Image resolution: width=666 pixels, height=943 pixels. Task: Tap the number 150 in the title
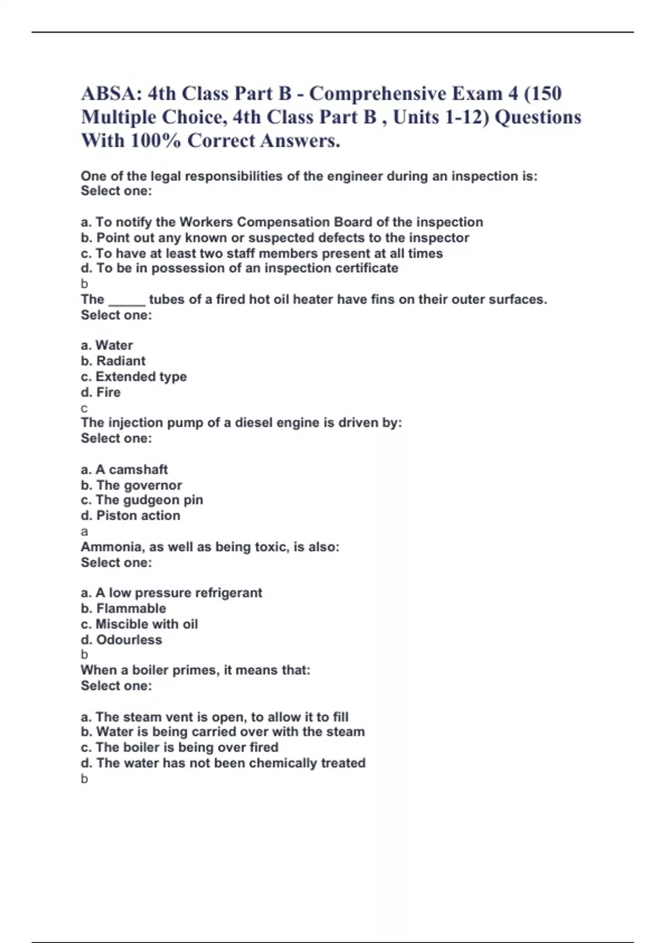point(546,93)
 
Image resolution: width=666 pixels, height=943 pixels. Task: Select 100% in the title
point(155,140)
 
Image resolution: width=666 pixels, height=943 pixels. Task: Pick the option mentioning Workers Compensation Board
point(282,222)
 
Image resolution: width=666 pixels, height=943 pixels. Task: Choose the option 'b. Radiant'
point(113,361)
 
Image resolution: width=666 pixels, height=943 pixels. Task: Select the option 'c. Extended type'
point(134,377)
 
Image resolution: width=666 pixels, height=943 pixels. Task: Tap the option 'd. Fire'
point(100,392)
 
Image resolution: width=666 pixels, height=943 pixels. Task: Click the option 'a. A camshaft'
point(124,469)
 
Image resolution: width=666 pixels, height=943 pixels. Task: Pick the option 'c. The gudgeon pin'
point(142,500)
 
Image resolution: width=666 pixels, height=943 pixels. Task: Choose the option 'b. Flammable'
point(123,609)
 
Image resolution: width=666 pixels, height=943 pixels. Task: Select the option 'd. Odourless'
point(122,640)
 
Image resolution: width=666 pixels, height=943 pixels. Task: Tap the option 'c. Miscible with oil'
point(139,624)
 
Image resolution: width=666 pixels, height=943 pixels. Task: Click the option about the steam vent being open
point(215,717)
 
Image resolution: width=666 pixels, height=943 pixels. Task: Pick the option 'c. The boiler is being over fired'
point(179,747)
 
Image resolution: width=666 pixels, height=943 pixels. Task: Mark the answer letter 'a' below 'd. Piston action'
point(84,531)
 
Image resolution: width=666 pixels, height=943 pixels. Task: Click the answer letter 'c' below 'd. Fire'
point(84,409)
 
